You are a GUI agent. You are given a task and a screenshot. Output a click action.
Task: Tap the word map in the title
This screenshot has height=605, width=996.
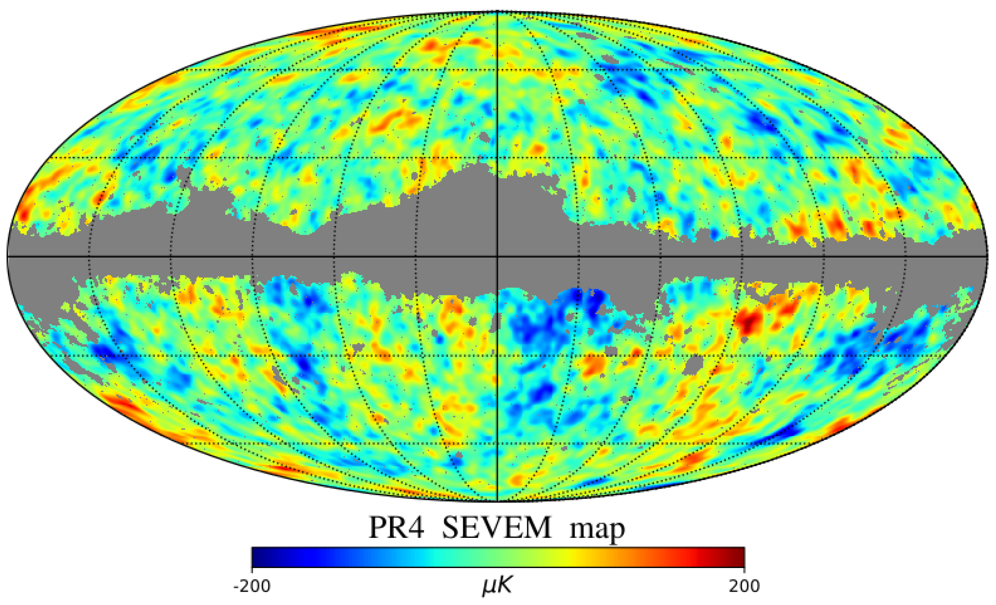597,529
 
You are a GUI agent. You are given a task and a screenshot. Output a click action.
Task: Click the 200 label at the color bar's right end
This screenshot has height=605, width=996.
744,586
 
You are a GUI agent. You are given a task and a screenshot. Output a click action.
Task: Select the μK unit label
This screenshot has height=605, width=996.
497,586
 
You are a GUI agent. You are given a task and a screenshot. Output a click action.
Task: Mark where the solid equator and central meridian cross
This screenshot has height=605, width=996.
497,257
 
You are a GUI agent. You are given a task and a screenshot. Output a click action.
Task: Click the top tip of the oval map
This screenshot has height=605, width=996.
497,12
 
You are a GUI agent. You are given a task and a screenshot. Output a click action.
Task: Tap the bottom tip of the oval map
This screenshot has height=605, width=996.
497,501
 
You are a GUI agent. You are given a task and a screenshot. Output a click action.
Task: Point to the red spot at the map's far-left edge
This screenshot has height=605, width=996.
22,212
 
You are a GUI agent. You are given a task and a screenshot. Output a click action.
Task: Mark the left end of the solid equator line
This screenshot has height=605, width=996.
8,257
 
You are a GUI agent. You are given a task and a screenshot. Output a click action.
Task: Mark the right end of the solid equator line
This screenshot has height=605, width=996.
988,257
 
